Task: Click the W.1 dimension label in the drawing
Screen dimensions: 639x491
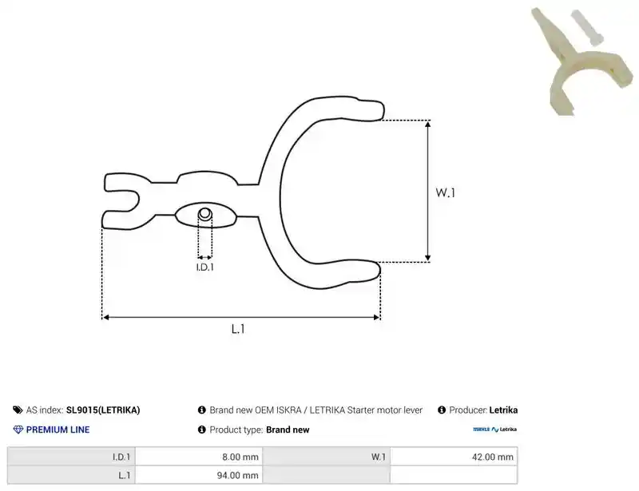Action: (445, 192)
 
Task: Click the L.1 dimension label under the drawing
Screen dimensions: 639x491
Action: (238, 329)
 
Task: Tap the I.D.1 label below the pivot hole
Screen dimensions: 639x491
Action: (205, 267)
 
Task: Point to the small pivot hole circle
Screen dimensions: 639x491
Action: (205, 213)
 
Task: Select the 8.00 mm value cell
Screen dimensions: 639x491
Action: (199, 457)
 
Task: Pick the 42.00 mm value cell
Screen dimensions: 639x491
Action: (454, 457)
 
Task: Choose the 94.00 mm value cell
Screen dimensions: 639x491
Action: (199, 475)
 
